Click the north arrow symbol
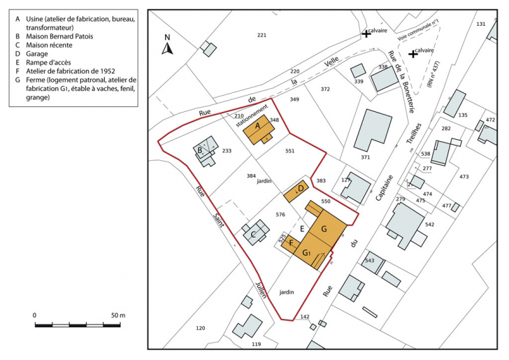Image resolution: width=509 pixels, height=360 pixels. click(167, 48)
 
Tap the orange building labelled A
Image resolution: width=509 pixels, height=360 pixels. click(257, 129)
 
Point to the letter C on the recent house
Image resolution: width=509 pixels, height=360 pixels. click(253, 233)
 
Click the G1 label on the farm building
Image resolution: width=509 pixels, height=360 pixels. click(308, 252)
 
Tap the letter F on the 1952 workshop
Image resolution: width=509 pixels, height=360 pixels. click(291, 243)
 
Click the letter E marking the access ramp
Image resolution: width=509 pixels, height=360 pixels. click(302, 228)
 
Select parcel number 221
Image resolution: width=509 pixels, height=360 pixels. click(261, 35)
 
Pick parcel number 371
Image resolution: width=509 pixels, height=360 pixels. click(366, 158)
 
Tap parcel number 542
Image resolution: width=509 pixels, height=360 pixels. click(429, 224)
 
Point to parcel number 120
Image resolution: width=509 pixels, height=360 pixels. click(201, 329)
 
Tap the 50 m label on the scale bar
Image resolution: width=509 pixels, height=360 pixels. click(117, 316)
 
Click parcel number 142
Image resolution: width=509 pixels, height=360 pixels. click(305, 317)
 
